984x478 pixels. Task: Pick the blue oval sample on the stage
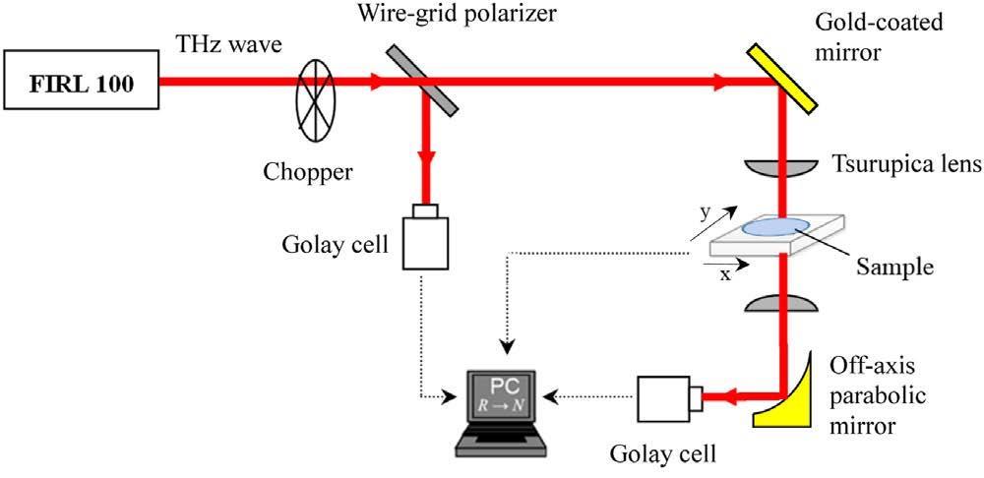[x=776, y=226]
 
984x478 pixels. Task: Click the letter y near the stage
[x=703, y=211]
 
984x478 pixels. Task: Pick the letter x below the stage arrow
[x=726, y=276]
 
